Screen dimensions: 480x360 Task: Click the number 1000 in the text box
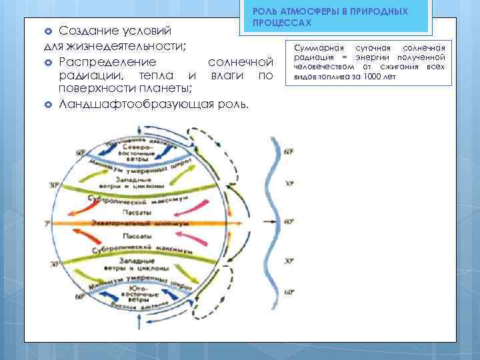377,77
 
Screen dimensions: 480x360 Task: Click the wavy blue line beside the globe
275,220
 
